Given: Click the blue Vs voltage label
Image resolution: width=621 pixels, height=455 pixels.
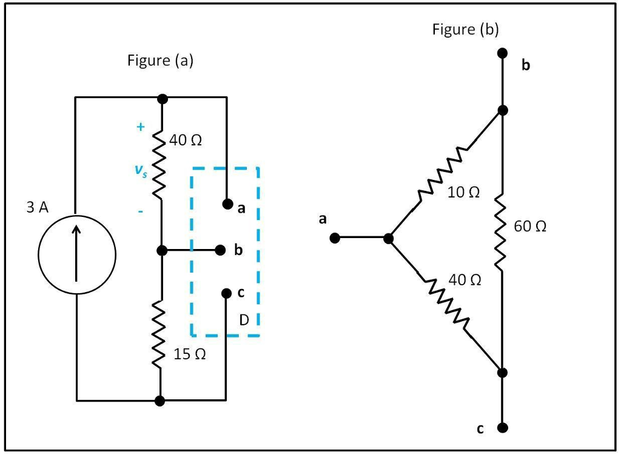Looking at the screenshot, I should coord(140,171).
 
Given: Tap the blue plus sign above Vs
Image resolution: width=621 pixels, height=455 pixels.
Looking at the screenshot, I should coord(141,127).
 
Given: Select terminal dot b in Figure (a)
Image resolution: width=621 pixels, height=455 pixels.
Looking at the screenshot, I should coord(221,250).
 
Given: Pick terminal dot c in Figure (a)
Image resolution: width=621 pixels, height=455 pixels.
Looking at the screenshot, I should coord(226,293).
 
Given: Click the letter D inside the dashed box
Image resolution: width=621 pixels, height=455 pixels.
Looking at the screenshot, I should coord(244,320).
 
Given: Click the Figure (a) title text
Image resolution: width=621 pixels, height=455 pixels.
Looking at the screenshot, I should coord(160,61).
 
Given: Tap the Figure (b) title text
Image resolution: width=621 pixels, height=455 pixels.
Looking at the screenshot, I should coord(465,30).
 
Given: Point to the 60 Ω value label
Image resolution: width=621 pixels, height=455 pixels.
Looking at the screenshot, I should coord(529,227).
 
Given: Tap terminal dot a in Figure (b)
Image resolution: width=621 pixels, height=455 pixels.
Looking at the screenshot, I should coord(334,239).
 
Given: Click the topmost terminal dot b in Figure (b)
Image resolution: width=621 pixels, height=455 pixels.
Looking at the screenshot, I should coord(502,53).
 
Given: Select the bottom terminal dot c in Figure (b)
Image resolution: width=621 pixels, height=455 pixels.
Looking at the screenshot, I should coord(502,428).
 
